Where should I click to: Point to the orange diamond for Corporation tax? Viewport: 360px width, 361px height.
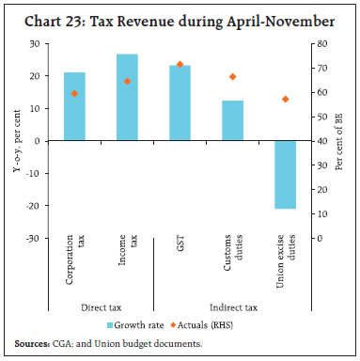(x=74, y=93)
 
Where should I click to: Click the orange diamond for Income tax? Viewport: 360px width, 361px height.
(x=127, y=81)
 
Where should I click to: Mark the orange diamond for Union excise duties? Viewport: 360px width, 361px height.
(x=285, y=99)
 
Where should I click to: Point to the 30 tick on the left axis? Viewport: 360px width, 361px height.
(x=38, y=43)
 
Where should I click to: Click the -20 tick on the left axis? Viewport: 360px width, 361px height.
(x=36, y=206)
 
